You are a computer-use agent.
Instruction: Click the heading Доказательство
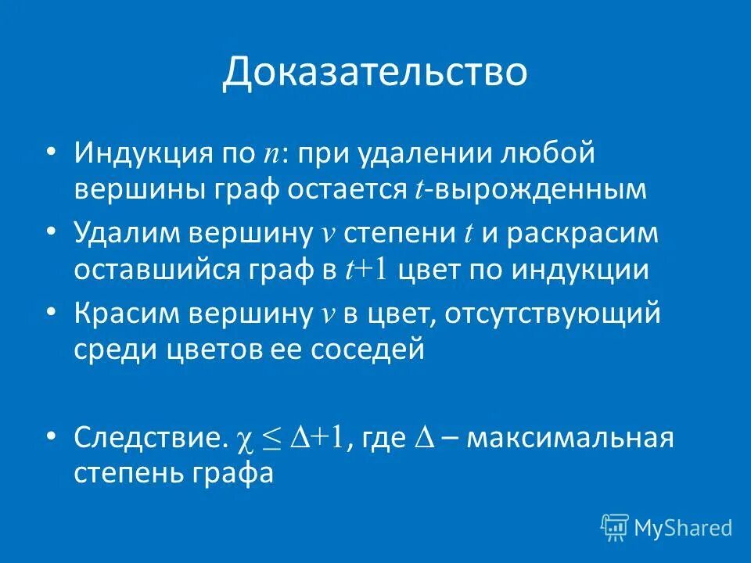click(x=375, y=73)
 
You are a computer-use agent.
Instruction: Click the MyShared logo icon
click(x=615, y=528)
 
